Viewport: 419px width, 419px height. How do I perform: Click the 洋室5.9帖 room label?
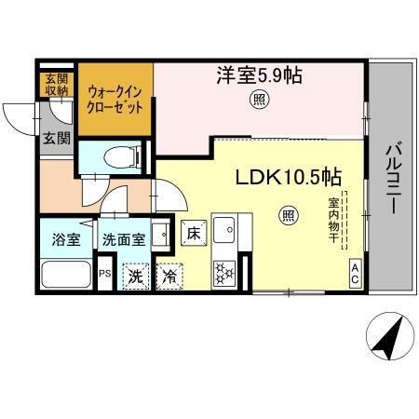(x=261, y=75)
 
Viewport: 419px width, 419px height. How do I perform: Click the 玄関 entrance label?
(x=55, y=139)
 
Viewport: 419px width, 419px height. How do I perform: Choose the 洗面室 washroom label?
(x=123, y=238)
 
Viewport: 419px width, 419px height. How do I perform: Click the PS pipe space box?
(x=104, y=274)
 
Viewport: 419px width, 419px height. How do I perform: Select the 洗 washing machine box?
(x=136, y=276)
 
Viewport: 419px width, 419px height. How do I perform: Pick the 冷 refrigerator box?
(x=169, y=276)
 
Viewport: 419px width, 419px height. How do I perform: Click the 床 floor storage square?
(x=193, y=234)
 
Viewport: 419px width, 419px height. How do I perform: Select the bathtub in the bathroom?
(x=66, y=273)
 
